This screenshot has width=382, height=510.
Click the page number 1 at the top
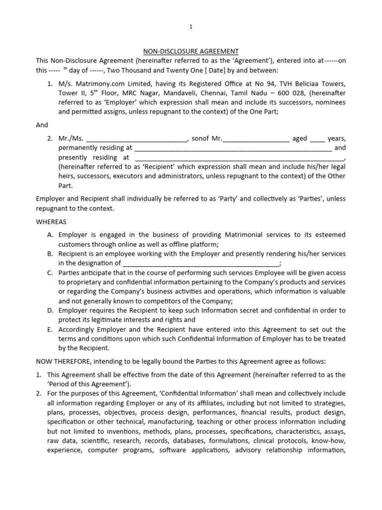[191, 27]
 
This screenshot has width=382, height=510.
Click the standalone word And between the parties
[42, 125]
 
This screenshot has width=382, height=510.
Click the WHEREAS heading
[51, 221]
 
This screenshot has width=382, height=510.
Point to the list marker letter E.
[50, 330]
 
